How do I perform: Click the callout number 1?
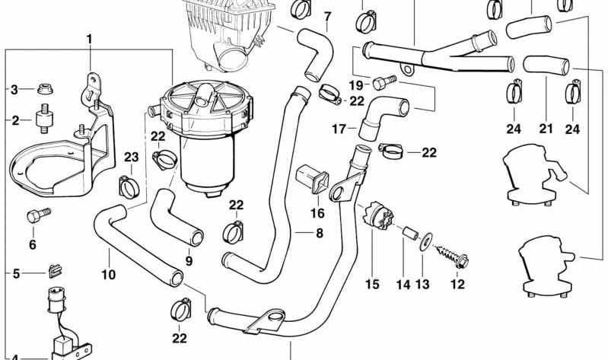click(x=89, y=38)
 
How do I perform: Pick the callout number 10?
click(x=107, y=274)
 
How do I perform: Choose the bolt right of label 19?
click(x=386, y=80)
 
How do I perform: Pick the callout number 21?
click(x=545, y=129)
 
